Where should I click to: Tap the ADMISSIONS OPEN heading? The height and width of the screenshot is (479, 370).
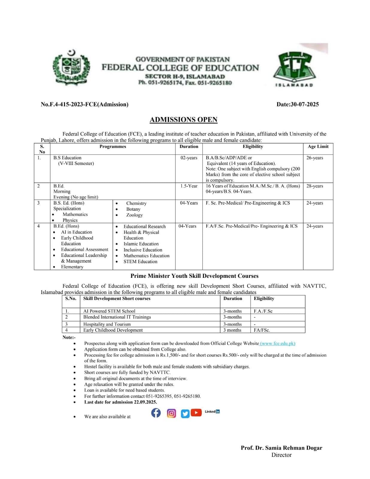[184, 120]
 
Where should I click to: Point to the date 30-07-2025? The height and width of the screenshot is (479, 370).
[304, 104]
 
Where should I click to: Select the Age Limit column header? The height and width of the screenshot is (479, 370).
[318, 146]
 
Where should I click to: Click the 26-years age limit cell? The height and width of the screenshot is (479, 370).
[315, 158]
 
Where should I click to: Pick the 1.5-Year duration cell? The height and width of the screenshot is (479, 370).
[189, 186]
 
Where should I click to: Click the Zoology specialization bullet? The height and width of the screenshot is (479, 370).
[134, 215]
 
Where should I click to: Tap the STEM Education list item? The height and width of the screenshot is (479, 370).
[140, 262]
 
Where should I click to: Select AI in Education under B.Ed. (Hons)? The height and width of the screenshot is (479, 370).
[76, 232]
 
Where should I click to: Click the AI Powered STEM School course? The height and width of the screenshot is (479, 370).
[109, 311]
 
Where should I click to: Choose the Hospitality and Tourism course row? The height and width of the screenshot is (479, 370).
[107, 324]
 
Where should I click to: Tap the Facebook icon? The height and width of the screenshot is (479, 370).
[156, 413]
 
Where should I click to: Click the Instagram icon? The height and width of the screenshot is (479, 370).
[172, 413]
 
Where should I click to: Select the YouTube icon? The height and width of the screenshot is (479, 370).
[196, 413]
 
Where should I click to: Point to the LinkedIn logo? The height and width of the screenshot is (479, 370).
[212, 412]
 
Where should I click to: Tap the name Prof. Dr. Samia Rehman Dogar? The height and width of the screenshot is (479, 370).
[281, 448]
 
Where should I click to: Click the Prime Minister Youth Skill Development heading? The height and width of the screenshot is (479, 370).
[194, 276]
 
